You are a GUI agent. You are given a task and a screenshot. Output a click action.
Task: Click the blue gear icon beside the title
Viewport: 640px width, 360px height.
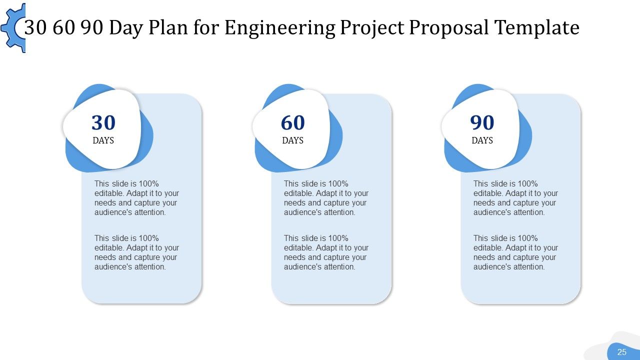12,28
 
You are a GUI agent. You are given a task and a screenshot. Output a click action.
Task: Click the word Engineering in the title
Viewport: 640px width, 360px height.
279,28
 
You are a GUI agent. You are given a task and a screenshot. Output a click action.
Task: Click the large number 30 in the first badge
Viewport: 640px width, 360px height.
103,123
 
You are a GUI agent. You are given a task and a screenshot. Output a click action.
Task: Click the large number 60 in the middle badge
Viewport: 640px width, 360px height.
293,123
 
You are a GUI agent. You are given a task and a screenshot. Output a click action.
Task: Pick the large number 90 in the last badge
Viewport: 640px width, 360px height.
482,123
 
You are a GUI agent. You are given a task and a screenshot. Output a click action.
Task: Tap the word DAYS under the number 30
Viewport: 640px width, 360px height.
103,140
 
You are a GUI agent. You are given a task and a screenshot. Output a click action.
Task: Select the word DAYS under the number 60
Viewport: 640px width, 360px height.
293,140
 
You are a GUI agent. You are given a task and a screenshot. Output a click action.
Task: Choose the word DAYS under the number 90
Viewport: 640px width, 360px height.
482,140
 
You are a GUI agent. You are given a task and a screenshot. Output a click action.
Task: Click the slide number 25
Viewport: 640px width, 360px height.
622,352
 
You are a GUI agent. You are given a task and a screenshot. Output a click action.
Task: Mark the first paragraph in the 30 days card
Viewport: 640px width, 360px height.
136,198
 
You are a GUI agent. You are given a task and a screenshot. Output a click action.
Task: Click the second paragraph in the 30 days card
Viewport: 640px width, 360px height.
136,252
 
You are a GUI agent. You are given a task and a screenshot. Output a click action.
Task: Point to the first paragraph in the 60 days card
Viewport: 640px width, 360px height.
326,198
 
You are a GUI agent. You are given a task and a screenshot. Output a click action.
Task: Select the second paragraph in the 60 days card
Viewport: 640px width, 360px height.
326,252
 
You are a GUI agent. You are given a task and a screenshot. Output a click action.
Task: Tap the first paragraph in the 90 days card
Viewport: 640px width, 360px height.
515,198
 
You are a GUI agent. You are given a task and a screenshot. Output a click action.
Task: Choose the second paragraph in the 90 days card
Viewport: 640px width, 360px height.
515,252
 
